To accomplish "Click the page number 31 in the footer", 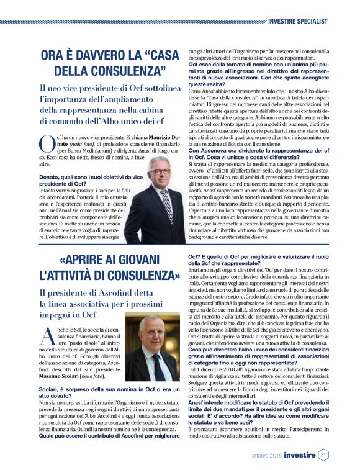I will pos(323,455).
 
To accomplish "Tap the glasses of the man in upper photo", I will pos(159,176).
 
